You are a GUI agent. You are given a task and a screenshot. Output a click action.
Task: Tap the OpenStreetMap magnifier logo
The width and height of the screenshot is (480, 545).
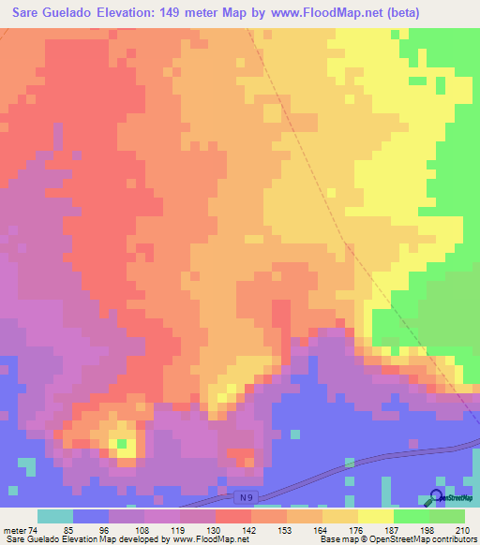pyautogui.click(x=437, y=498)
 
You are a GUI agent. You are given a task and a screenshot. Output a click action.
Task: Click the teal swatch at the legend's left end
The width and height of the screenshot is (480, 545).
pyautogui.click(x=55, y=516)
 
